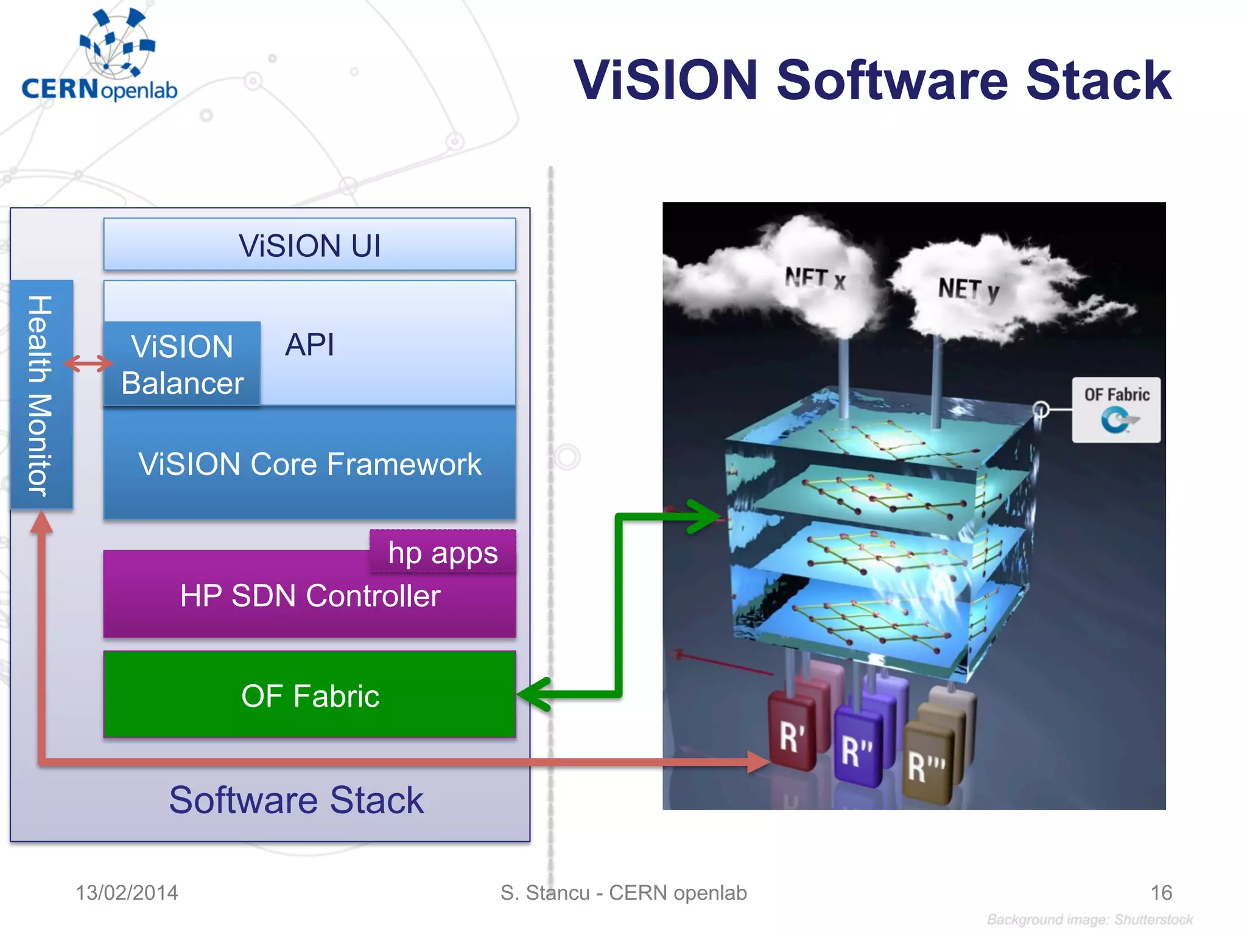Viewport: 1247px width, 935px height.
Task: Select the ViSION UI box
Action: click(x=309, y=245)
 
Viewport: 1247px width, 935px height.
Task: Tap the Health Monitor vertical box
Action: click(x=41, y=394)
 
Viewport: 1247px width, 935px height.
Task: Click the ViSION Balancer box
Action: click(x=182, y=364)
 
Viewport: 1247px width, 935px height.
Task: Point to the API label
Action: click(x=309, y=345)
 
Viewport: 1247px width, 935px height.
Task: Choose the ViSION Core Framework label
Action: click(x=309, y=464)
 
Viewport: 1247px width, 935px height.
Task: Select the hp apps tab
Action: click(x=443, y=553)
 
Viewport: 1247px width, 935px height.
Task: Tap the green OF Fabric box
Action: click(x=309, y=695)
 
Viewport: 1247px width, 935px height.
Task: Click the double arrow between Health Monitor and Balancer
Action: click(x=88, y=364)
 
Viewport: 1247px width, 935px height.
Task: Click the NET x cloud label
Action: click(x=815, y=279)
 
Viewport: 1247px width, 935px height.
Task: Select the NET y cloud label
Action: click(x=968, y=289)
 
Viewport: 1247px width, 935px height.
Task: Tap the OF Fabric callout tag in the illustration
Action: click(x=1116, y=409)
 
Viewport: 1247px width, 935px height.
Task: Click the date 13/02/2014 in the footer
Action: click(x=127, y=892)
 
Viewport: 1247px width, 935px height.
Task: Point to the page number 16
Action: click(x=1161, y=892)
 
